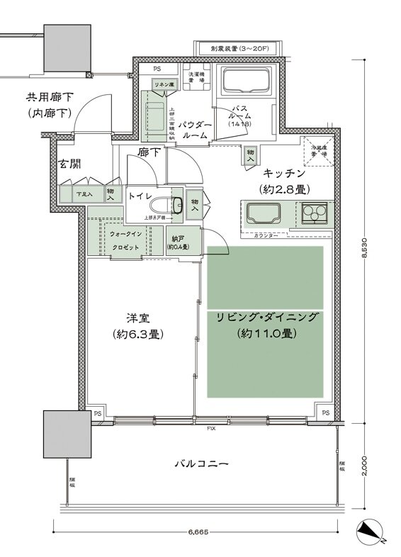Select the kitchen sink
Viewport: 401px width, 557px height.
coord(263,213)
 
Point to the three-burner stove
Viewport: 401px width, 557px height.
coord(315,211)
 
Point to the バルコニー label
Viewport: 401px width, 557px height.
coord(201,465)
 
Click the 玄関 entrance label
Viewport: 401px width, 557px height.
coord(69,164)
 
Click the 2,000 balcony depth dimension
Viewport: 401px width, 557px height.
coord(364,466)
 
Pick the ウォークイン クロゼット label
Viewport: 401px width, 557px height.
coord(126,241)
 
